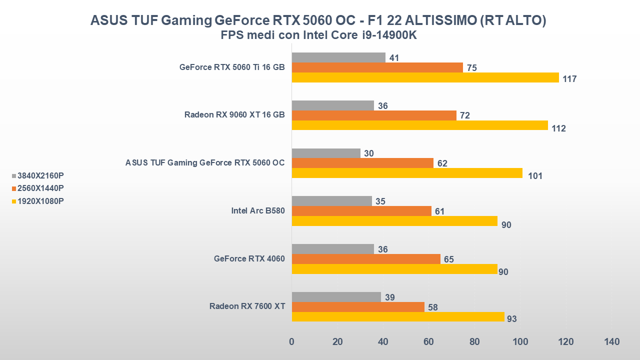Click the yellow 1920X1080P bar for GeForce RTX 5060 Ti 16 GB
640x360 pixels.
pos(425,77)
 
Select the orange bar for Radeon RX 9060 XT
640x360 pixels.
pos(374,115)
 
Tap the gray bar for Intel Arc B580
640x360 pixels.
pos(331,201)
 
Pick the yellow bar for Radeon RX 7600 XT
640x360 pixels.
pos(398,316)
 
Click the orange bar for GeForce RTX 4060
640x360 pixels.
pos(366,259)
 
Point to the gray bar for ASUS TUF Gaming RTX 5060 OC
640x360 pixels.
pos(326,153)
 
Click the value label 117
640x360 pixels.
pos(569,79)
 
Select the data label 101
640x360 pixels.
pos(535,176)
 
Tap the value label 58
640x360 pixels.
pos(433,307)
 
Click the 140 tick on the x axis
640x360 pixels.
pos(611,342)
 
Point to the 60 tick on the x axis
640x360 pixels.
pos(428,342)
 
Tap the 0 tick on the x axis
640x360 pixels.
pos(291,342)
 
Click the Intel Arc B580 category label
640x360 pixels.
pos(258,211)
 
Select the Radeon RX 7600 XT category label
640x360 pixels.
pos(247,306)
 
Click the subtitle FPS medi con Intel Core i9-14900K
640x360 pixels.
pos(319,35)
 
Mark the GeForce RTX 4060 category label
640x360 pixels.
pos(249,258)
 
